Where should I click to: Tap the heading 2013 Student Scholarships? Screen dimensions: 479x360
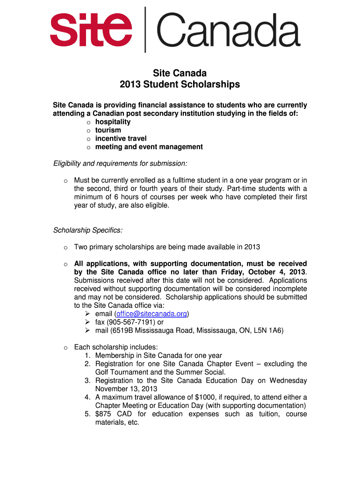point(180,85)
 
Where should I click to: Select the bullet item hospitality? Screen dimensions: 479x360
point(113,122)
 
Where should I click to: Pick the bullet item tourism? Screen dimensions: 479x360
point(108,130)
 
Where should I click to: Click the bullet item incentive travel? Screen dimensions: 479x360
point(121,138)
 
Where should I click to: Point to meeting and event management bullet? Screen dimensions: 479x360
point(149,147)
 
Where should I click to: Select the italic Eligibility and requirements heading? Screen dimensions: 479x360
point(120,163)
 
